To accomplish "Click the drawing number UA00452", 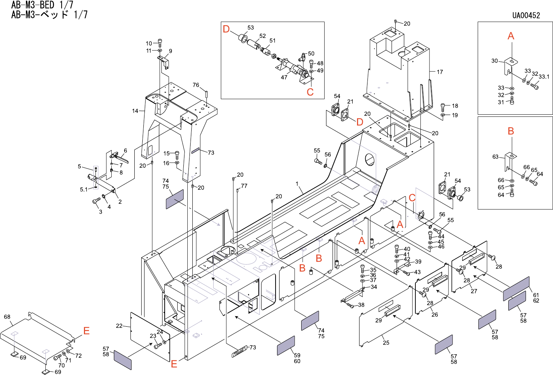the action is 526,16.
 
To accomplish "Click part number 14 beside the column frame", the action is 135,111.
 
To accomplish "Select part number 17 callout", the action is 440,72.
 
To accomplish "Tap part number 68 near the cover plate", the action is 7,317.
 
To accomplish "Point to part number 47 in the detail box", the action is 284,77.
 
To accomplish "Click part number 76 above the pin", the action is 196,85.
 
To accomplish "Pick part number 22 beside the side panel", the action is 119,326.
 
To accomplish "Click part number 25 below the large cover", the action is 386,343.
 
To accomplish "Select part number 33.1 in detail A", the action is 544,77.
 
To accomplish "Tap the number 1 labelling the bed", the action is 297,184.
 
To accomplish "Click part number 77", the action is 244,186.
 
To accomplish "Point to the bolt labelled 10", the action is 160,43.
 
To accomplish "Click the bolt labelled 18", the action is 443,107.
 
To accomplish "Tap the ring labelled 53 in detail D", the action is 243,39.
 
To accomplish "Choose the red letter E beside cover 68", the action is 86,331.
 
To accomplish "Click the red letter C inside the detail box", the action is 310,92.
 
